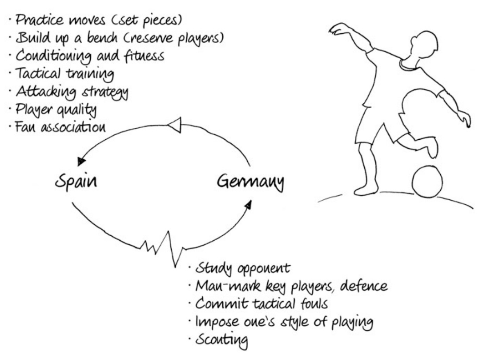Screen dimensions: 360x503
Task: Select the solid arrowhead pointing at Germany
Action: tap(248, 204)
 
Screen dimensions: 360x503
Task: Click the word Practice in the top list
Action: tap(37, 20)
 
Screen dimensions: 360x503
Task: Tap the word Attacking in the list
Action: tap(41, 92)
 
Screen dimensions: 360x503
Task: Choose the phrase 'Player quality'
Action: tap(57, 110)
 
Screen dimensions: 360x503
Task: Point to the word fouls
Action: tap(317, 305)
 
